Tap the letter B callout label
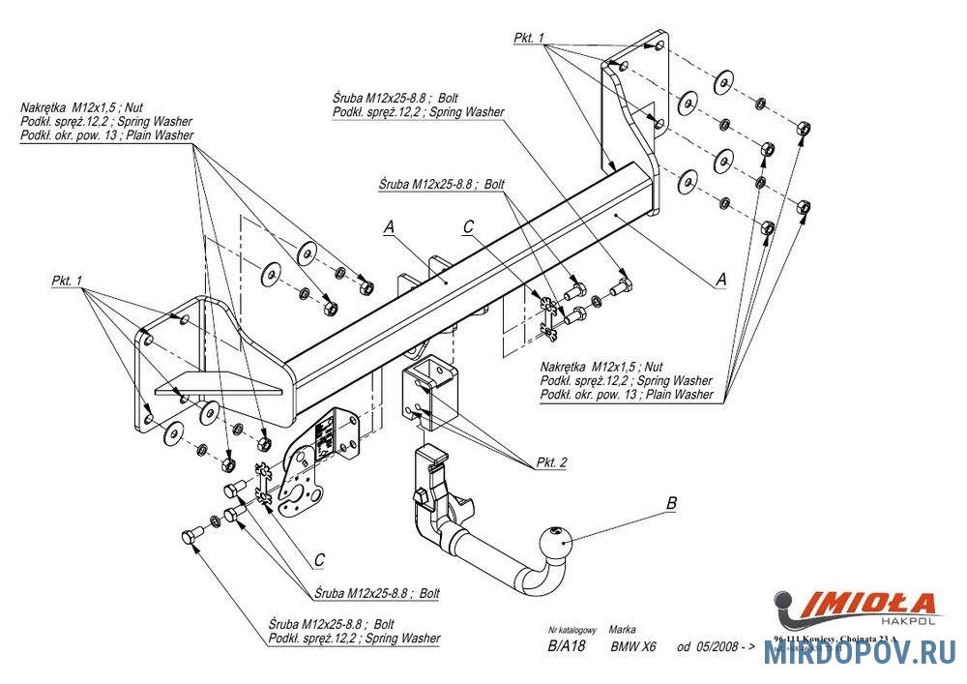point(671,503)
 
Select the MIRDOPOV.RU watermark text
point(860,654)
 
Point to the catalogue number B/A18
point(567,647)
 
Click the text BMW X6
point(633,647)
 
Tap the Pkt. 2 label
point(552,463)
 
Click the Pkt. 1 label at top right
point(530,38)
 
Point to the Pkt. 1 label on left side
point(69,281)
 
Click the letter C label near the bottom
point(318,558)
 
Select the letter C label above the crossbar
point(468,227)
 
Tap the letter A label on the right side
point(719,279)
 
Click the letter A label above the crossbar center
point(389,227)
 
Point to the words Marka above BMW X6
point(623,629)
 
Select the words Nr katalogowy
point(570,629)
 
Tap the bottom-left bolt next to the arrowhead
point(190,534)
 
